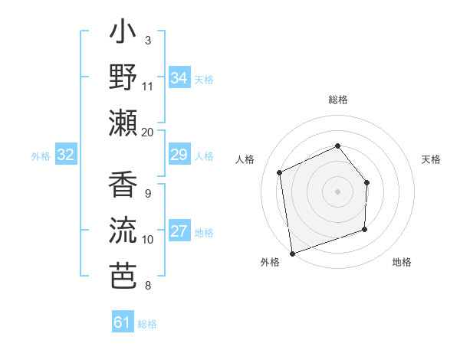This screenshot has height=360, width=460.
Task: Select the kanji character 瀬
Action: [x=123, y=123]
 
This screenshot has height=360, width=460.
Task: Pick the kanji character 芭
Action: [x=123, y=275]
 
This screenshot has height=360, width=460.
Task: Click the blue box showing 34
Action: [x=179, y=78]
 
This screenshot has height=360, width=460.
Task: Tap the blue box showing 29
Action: [x=179, y=155]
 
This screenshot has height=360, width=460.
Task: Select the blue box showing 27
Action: [x=179, y=232]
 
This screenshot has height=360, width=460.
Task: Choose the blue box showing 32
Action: [x=66, y=155]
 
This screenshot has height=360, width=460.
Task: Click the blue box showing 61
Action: [x=123, y=322]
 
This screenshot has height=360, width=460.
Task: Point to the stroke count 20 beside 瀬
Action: [x=147, y=132]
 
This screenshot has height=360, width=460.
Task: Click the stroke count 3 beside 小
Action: [x=147, y=40]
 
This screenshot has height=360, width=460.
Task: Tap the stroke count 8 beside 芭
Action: [x=147, y=286]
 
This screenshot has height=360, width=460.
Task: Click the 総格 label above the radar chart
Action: [x=337, y=100]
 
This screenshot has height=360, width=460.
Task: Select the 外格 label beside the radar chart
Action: [x=270, y=263]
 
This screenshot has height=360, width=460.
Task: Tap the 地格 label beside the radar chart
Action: [x=402, y=263]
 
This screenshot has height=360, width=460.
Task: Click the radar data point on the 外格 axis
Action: [x=292, y=252]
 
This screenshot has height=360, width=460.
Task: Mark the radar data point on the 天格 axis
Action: [x=366, y=182]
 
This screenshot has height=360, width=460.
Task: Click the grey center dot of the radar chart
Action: [x=337, y=191]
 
